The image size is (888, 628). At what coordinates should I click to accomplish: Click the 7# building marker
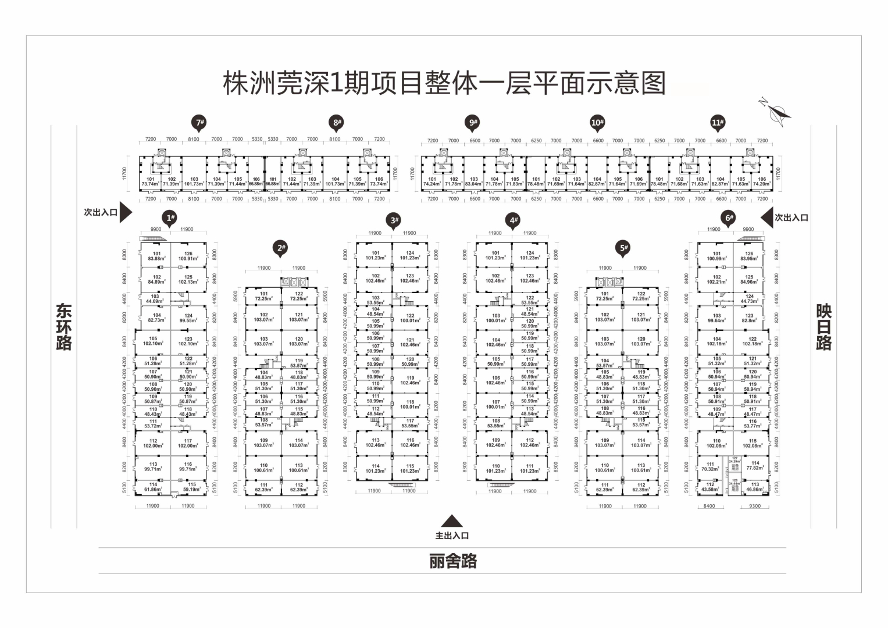200,122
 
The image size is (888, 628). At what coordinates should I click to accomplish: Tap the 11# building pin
718,122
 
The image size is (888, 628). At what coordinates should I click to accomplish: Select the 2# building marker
281,248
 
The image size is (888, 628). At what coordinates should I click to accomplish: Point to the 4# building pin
513,220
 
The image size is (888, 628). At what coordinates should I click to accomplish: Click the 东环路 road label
64,326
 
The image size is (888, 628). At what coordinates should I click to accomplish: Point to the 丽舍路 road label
453,561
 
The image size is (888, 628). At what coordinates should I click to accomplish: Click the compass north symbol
778,112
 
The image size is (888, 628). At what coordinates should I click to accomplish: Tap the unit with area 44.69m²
155,299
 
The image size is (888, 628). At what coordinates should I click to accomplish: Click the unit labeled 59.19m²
191,487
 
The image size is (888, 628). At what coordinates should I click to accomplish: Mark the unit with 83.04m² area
474,181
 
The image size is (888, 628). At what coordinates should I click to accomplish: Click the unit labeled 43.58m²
710,487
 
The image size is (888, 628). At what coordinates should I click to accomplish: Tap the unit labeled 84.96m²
749,280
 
